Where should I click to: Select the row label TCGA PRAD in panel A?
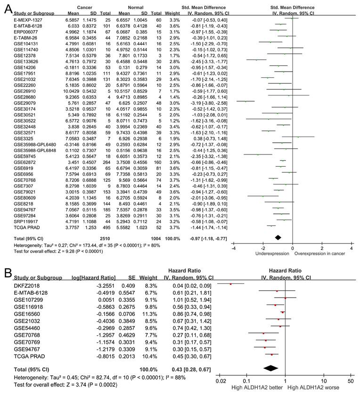click(25, 226)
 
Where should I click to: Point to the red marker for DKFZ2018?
click(230, 284)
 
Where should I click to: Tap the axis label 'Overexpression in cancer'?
click(318, 254)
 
